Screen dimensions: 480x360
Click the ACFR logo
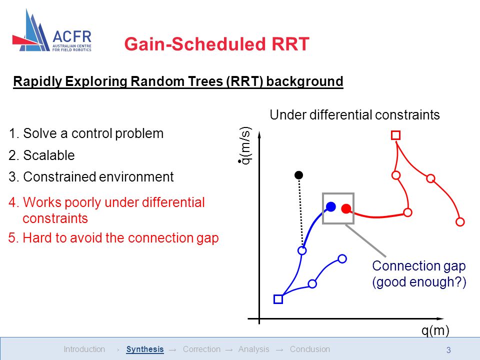52,30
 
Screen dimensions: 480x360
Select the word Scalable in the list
49,155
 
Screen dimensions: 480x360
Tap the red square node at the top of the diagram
396,135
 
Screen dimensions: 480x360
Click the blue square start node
278,299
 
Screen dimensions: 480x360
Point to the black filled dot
299,175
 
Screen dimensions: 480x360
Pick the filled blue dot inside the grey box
330,206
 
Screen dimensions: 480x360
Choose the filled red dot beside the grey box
346,209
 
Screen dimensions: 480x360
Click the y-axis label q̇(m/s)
245,145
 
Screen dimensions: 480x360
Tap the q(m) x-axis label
435,330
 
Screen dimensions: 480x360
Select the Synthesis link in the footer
145,349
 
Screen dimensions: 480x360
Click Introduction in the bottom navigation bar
84,349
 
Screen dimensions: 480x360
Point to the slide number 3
448,350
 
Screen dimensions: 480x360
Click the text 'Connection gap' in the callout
419,265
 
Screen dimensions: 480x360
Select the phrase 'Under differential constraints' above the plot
354,115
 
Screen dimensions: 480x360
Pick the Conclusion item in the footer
310,349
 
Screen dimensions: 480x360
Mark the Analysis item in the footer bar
254,349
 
